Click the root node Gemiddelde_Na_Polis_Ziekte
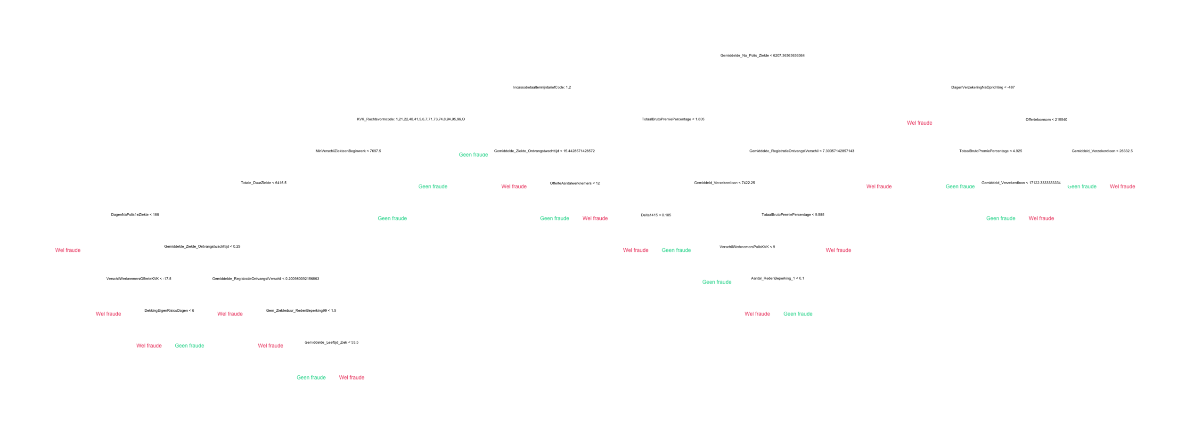762,56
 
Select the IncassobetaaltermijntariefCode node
542,87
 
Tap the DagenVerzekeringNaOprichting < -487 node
983,87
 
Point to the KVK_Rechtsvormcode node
410,119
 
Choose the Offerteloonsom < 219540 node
1046,119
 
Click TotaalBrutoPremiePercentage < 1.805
673,119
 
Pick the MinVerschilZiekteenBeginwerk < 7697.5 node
348,151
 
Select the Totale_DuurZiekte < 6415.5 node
263,183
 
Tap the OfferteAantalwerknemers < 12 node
574,183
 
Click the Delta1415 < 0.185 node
656,215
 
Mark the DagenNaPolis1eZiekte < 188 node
135,215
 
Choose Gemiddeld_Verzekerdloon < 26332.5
1102,151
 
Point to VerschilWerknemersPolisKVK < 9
747,246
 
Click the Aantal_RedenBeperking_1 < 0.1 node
777,278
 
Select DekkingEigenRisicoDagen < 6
169,310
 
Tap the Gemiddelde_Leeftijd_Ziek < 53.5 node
331,342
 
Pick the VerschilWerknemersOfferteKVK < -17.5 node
139,278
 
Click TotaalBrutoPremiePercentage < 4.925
990,151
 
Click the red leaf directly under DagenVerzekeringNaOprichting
919,123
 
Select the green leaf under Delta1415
676,250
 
